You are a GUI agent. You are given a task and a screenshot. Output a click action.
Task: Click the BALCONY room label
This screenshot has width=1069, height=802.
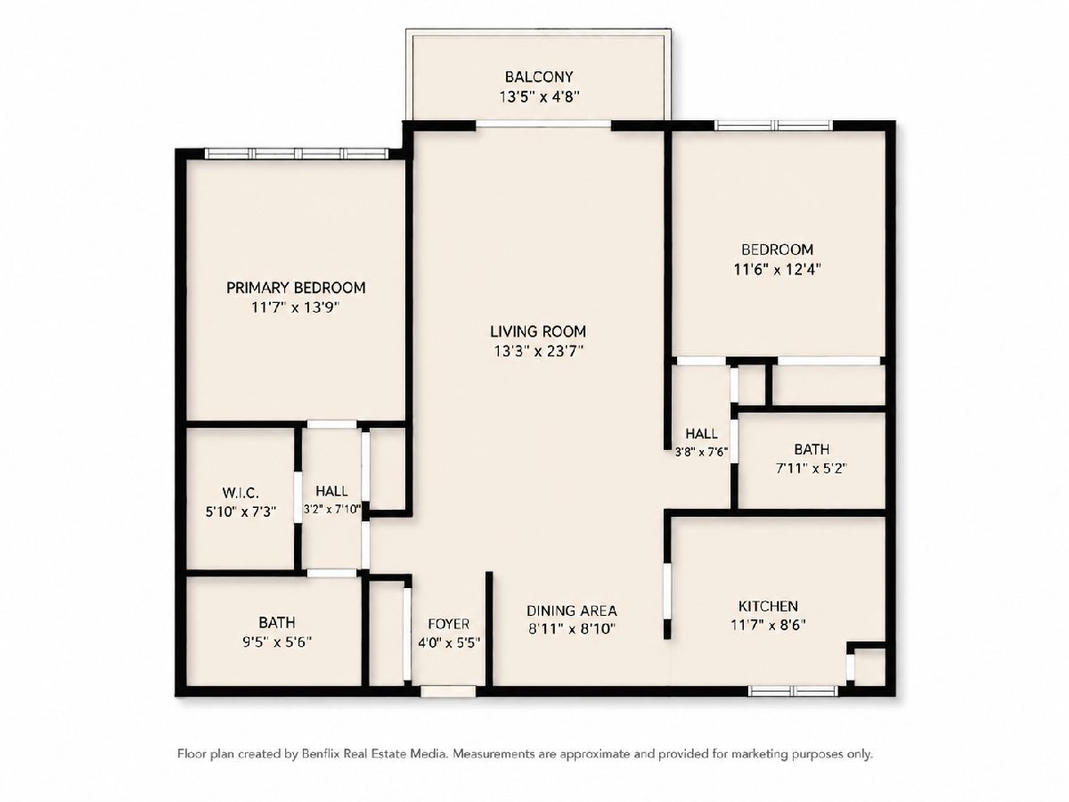point(539,77)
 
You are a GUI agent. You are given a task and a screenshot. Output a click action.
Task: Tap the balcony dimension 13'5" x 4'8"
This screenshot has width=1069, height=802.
point(539,97)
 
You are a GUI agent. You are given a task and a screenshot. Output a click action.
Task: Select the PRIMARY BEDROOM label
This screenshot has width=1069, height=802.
point(296,288)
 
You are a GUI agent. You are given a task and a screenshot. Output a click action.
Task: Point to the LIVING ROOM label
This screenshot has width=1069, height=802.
point(538,331)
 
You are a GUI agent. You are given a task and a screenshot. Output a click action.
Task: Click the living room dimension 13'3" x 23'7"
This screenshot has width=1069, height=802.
point(538,351)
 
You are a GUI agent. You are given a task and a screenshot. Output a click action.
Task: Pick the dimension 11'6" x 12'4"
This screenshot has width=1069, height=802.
point(778,269)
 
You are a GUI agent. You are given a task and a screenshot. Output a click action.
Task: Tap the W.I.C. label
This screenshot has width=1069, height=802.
point(241,493)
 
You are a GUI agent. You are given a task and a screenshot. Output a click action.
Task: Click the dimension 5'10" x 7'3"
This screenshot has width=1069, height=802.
point(241,511)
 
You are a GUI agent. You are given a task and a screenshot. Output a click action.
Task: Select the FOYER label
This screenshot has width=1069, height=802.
point(449,624)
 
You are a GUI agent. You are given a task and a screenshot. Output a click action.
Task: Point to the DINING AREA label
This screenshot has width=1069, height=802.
point(572,610)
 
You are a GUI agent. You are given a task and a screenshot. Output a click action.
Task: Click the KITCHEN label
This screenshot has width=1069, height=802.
point(768,606)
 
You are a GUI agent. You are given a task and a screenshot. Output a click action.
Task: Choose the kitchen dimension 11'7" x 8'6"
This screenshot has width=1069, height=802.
point(768,625)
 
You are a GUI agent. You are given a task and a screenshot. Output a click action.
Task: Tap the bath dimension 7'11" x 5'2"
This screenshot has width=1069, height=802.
point(812,469)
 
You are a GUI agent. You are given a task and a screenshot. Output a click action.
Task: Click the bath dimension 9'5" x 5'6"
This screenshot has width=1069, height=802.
point(277,642)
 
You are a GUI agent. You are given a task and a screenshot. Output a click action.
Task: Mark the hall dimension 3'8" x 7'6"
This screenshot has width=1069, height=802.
point(701,453)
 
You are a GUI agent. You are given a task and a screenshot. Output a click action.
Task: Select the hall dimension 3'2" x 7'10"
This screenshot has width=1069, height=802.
point(332,510)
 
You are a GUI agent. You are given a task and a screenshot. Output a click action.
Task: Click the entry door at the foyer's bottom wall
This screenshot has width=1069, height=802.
point(448,691)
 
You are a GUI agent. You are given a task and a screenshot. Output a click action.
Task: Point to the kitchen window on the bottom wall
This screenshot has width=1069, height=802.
point(793,691)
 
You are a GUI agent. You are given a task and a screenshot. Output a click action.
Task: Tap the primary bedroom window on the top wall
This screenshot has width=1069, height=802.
point(297,154)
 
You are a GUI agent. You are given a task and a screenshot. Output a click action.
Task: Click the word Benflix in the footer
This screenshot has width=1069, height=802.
point(321,754)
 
